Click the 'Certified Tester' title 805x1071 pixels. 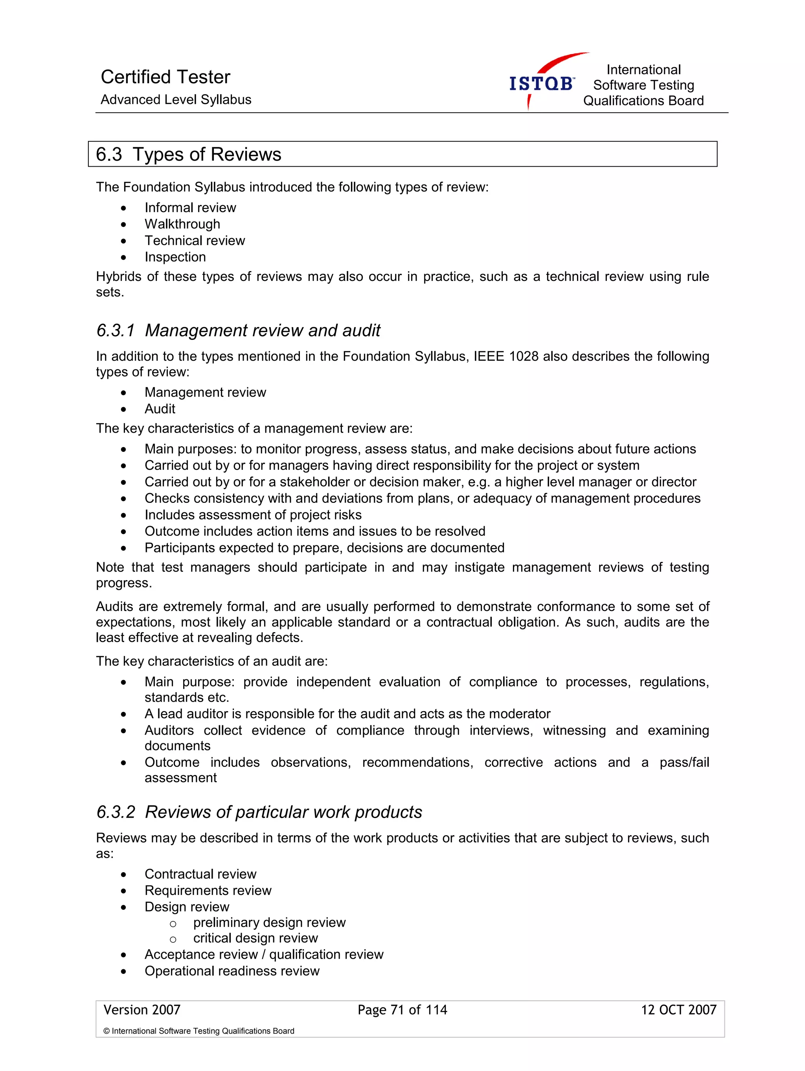coord(165,77)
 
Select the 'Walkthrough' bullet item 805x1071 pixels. coord(182,224)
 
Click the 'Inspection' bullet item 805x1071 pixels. coord(175,257)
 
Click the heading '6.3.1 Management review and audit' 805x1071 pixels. coord(238,330)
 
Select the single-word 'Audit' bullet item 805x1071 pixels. coord(160,409)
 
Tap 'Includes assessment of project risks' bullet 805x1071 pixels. coord(253,515)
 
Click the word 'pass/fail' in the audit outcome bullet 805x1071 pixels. coord(684,762)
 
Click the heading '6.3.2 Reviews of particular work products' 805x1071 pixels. coord(259,812)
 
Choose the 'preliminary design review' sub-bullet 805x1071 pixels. coord(269,922)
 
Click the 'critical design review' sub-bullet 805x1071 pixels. coord(255,938)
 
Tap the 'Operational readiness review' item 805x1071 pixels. coord(232,971)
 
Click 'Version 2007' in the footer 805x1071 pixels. coord(142,1010)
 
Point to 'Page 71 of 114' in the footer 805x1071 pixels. coord(402,1010)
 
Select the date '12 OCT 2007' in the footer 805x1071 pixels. coord(678,1010)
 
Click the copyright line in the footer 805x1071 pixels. coord(198,1031)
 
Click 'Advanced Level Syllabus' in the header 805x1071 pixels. coord(176,100)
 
